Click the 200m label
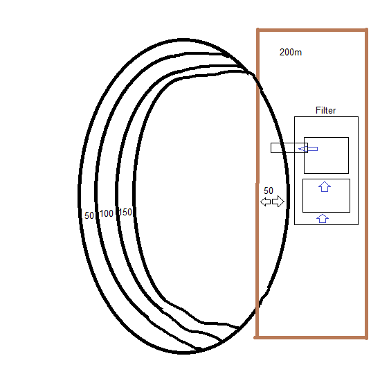click(x=291, y=52)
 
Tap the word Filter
click(x=325, y=110)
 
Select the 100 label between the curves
click(x=107, y=213)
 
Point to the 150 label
click(x=125, y=212)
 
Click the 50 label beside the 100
click(x=89, y=215)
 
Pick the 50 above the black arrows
click(x=269, y=190)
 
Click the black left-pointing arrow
click(x=265, y=202)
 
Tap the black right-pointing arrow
click(x=278, y=202)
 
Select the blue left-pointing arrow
click(x=308, y=149)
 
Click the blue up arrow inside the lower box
click(x=325, y=187)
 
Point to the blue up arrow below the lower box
click(x=323, y=218)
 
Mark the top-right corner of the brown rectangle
click(x=366, y=30)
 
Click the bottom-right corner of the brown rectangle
click(x=366, y=337)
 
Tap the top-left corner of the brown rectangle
click(x=257, y=30)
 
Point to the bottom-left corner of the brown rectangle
click(x=257, y=337)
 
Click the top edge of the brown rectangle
click(x=312, y=30)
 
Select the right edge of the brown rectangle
click(x=366, y=184)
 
